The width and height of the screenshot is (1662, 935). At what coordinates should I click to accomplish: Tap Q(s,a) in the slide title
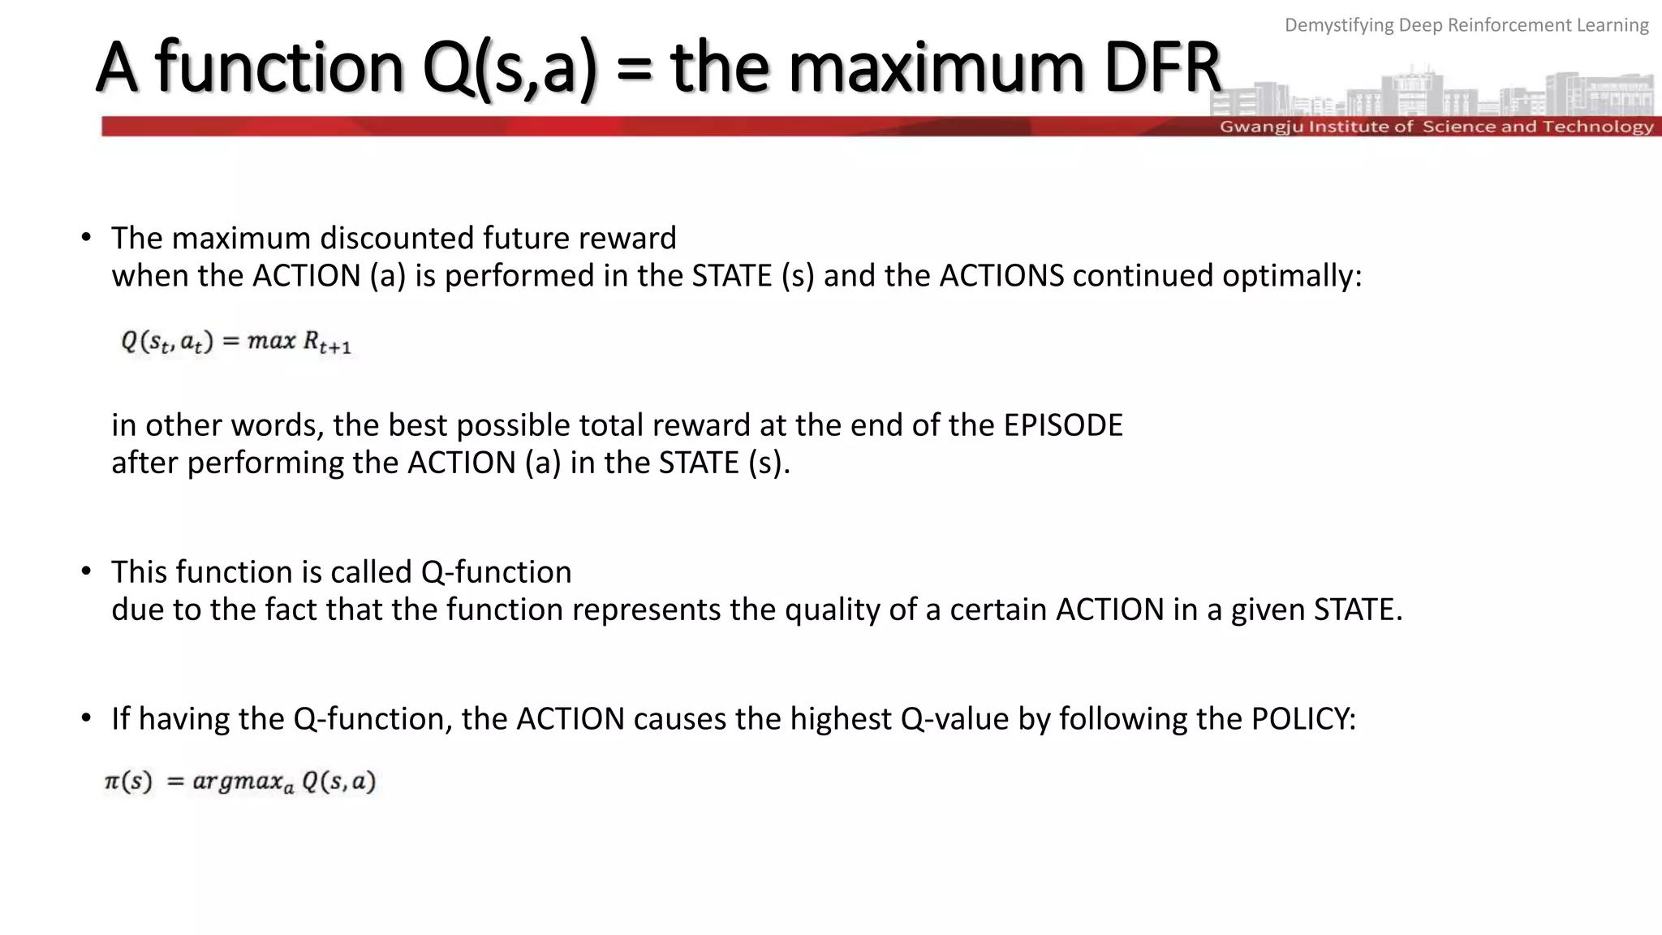coord(510,70)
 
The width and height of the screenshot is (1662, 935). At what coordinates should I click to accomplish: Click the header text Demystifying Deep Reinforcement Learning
coord(1466,25)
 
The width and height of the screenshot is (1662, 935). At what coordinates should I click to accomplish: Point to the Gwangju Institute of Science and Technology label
coord(1436,127)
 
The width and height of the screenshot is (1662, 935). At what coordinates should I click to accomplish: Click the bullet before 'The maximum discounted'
coord(86,237)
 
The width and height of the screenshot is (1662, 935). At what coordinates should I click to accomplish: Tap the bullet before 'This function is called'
coord(86,571)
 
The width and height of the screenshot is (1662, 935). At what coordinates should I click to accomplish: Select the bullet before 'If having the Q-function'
coord(86,718)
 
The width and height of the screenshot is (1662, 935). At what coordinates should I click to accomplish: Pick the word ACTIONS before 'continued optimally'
coord(1001,276)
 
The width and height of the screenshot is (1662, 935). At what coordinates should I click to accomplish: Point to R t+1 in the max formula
coord(326,343)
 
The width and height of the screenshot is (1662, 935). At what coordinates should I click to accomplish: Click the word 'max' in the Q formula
coord(271,341)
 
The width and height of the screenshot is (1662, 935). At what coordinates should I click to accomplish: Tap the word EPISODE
coord(1063,425)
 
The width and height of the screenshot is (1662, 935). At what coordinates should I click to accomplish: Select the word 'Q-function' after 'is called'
coord(496,572)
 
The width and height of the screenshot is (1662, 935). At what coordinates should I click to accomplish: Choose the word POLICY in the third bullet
coord(1302,719)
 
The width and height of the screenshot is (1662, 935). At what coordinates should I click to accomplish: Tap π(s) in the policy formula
coord(128,782)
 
